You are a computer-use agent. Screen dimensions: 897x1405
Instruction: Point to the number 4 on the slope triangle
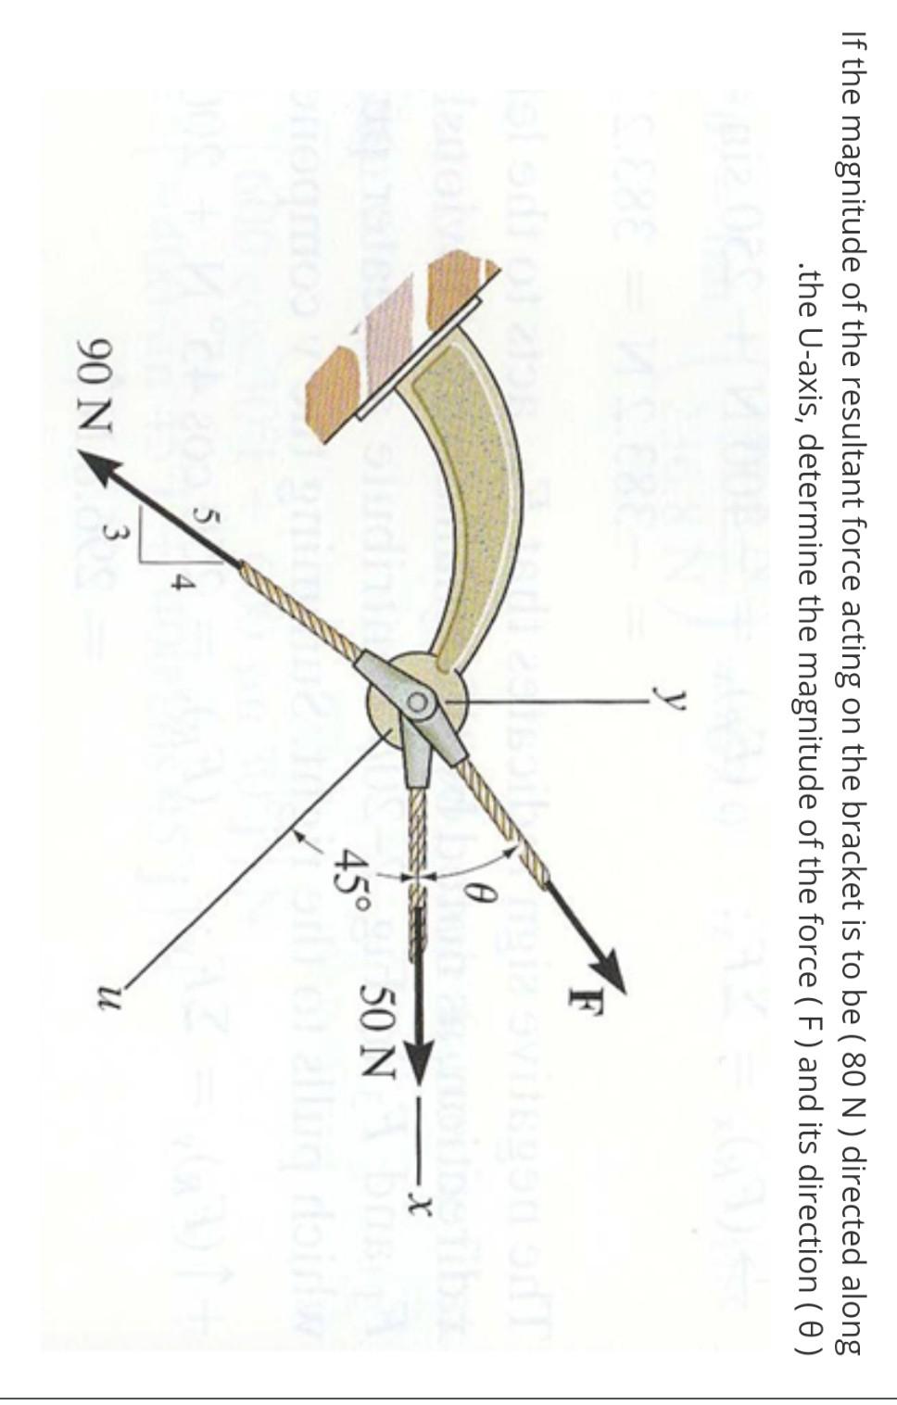[183, 586]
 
